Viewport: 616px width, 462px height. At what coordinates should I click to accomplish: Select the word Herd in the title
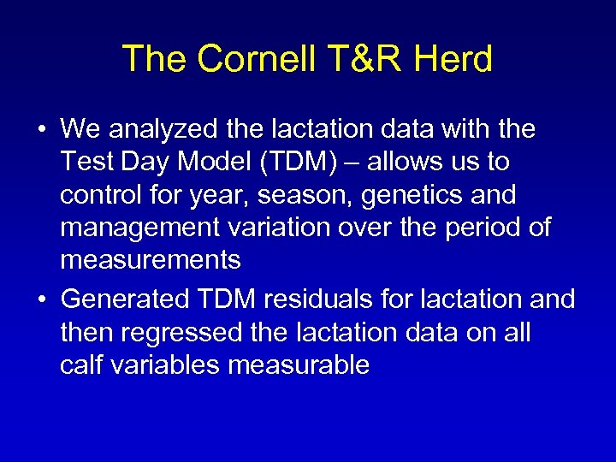pos(456,60)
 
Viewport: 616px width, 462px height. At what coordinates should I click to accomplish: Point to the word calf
pos(81,365)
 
